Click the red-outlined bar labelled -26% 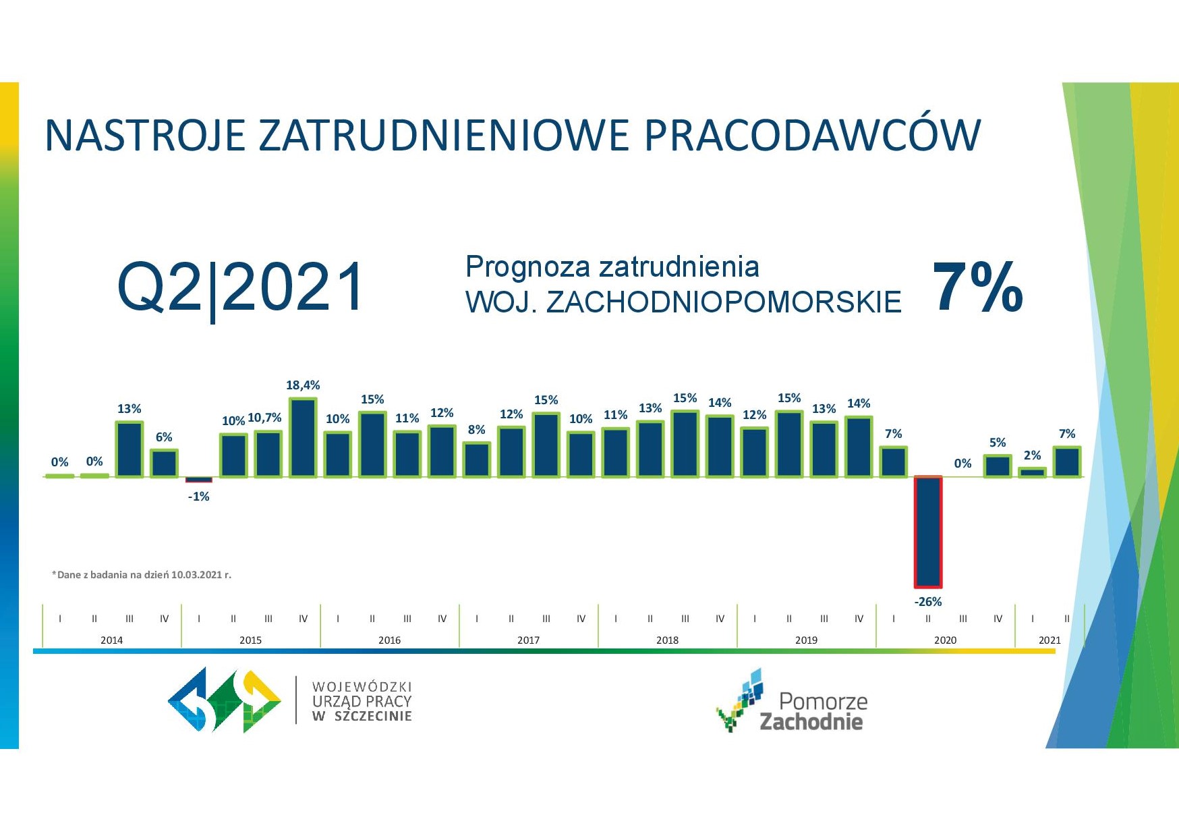[x=928, y=532]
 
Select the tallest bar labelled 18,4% [x=303, y=437]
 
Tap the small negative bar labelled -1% [x=199, y=480]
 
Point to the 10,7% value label [x=264, y=418]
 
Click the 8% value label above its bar [x=476, y=430]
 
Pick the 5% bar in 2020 [x=998, y=466]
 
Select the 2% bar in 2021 [x=1032, y=472]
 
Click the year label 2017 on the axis [x=528, y=640]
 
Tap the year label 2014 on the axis [x=111, y=640]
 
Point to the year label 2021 [x=1049, y=640]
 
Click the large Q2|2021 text [x=241, y=288]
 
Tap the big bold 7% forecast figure [x=978, y=288]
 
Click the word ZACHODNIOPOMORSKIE [x=724, y=302]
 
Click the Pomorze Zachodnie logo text [x=813, y=711]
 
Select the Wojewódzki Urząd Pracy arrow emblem [x=225, y=700]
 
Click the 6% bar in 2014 [x=164, y=463]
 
